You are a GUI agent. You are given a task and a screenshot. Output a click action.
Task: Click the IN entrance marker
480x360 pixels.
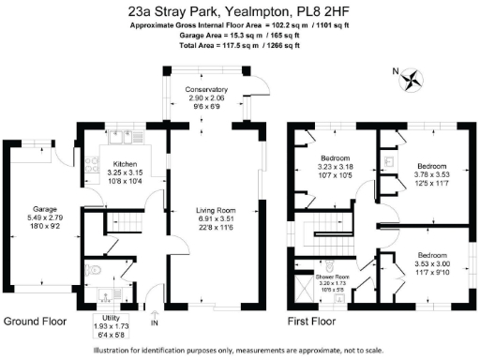coord(155,323)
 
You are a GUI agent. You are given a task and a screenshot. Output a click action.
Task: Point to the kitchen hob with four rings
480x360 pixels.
coord(93,169)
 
